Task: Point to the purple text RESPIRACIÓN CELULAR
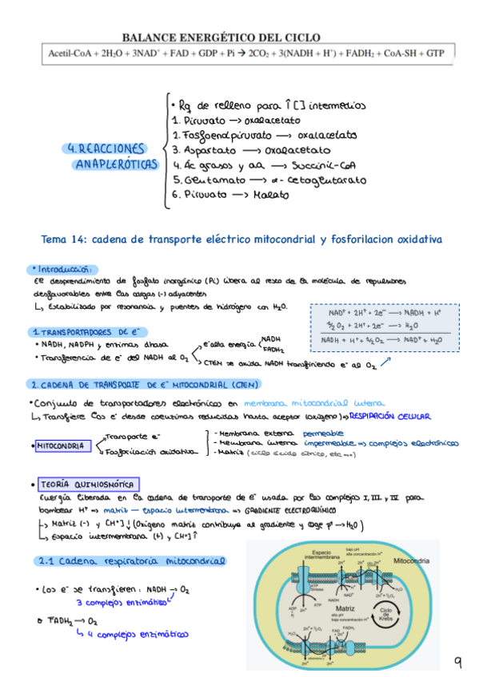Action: pos(390,416)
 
